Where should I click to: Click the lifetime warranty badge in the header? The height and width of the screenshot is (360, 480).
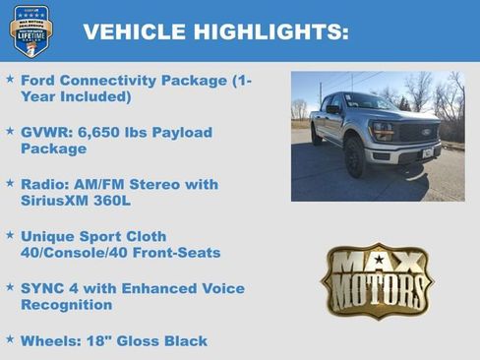pos(30,30)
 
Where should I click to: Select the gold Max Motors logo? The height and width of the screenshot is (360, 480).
pos(377,280)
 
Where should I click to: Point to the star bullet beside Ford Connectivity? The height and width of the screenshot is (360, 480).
pos(10,80)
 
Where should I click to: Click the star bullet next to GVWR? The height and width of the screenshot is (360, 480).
pos(10,132)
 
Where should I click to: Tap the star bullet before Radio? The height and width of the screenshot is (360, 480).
pos(10,184)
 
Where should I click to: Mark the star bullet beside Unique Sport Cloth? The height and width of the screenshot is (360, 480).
pos(10,236)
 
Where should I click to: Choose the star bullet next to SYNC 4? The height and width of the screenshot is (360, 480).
pos(10,288)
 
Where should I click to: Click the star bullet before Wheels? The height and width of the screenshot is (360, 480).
pos(10,340)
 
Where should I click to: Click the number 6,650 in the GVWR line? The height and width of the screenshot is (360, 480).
pos(94,132)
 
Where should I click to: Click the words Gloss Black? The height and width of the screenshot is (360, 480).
pos(162,341)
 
